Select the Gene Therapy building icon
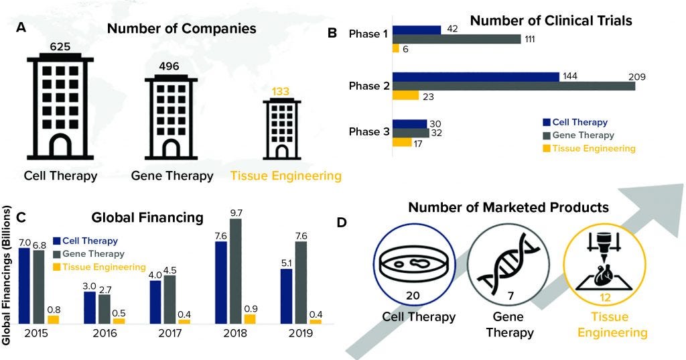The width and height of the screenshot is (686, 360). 171,115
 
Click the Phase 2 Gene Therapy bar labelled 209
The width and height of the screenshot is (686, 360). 514,85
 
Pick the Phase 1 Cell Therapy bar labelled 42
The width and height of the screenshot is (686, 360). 417,29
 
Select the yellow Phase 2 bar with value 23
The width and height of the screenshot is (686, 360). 405,96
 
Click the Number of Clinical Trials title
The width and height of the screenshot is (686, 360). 551,21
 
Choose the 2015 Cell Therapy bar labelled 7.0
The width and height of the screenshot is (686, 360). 24,286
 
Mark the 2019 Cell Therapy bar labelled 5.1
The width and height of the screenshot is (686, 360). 286,296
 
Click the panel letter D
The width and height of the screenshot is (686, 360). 341,221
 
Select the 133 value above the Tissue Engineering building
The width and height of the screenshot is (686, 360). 283,91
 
